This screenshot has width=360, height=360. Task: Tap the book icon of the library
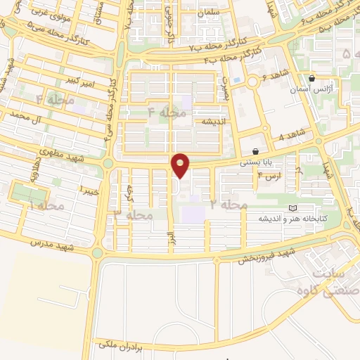292,208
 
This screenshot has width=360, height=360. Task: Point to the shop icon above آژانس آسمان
311,78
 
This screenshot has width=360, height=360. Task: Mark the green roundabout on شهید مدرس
98,252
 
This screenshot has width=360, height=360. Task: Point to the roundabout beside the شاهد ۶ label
252,82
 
